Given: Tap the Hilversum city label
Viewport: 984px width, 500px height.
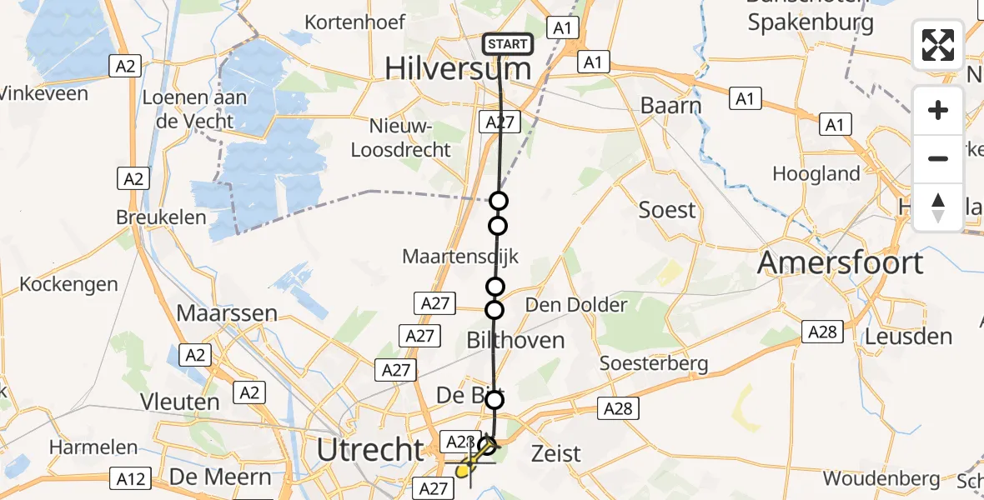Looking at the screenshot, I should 458,69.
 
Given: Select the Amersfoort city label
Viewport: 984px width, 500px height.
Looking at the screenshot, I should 840,263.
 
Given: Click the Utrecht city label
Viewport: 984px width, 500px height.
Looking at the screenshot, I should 371,450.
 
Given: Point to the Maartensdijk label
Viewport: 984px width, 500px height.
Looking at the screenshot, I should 460,257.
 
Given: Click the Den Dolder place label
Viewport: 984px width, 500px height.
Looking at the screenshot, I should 575,305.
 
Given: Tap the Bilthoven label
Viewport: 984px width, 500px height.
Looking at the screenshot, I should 515,340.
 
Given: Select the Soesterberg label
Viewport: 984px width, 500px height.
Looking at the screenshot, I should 655,363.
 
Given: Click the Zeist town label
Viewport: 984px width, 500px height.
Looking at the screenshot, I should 555,454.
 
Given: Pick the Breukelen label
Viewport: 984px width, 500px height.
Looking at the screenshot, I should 162,217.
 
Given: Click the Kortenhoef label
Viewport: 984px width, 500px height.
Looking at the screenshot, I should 355,22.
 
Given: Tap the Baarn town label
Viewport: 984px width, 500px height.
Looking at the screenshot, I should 670,106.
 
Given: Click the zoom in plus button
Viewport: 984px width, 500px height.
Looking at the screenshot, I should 938,111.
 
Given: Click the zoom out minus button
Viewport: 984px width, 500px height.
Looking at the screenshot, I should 938,158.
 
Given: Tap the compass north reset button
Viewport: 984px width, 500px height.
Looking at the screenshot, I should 938,207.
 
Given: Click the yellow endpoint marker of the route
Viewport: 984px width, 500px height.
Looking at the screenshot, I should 464,472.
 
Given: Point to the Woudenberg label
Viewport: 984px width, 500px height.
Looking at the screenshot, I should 881,479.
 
